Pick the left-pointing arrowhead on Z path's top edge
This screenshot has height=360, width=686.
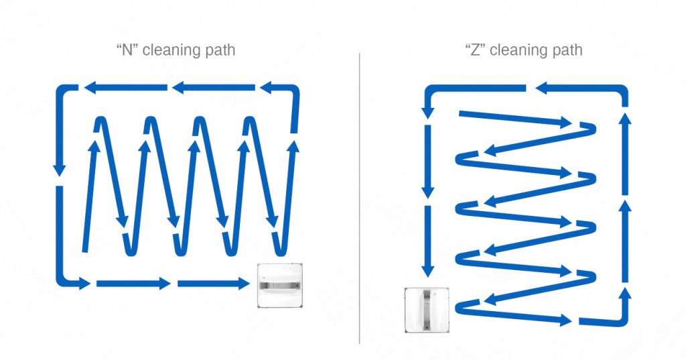tap(541, 87)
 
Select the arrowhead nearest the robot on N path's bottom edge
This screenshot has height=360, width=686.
tap(242, 284)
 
